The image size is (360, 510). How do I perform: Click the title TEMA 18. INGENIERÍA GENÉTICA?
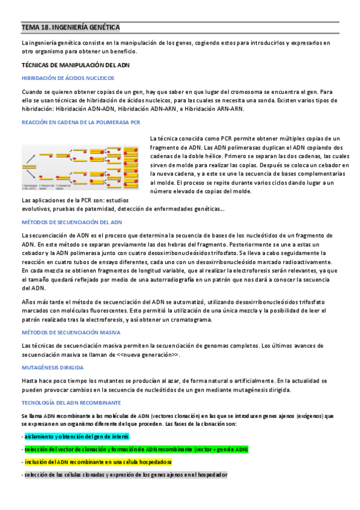tap(70, 28)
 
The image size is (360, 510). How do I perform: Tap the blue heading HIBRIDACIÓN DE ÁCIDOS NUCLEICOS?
tap(68, 78)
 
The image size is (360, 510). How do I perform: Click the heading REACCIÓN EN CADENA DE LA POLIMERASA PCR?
tap(81, 123)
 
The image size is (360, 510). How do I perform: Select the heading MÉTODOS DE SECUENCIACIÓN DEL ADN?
tap(72, 222)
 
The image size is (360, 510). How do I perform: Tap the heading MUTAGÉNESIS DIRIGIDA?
tap(52, 367)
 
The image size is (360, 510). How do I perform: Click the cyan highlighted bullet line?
tap(76, 437)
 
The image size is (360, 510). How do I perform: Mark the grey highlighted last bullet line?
tap(125, 475)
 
